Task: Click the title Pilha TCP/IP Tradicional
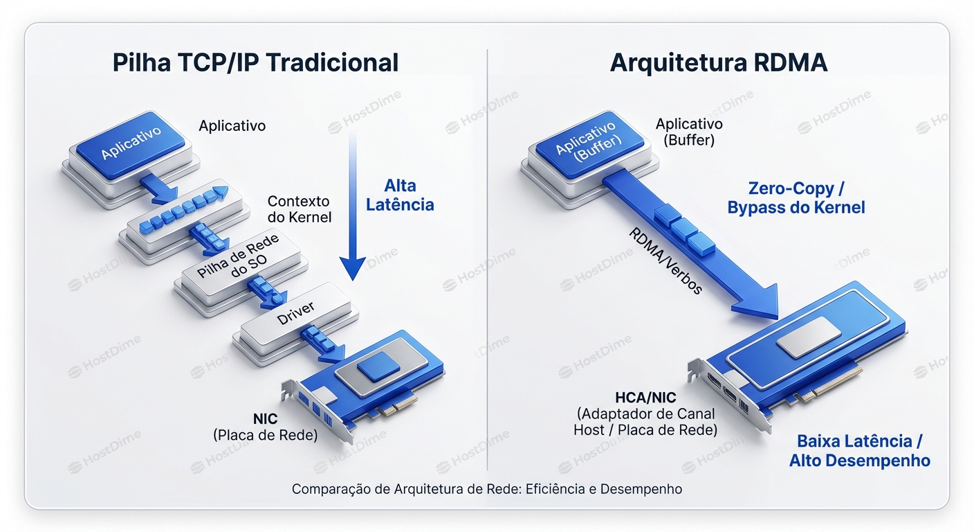point(255,62)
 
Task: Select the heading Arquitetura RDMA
point(718,62)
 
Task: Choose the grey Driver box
point(295,315)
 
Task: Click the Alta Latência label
point(399,195)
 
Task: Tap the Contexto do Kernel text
point(299,209)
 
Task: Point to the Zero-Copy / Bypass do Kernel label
point(796,197)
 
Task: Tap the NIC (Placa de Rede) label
point(265,427)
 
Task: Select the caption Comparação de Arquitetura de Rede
point(486,489)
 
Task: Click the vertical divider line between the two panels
point(487,263)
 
